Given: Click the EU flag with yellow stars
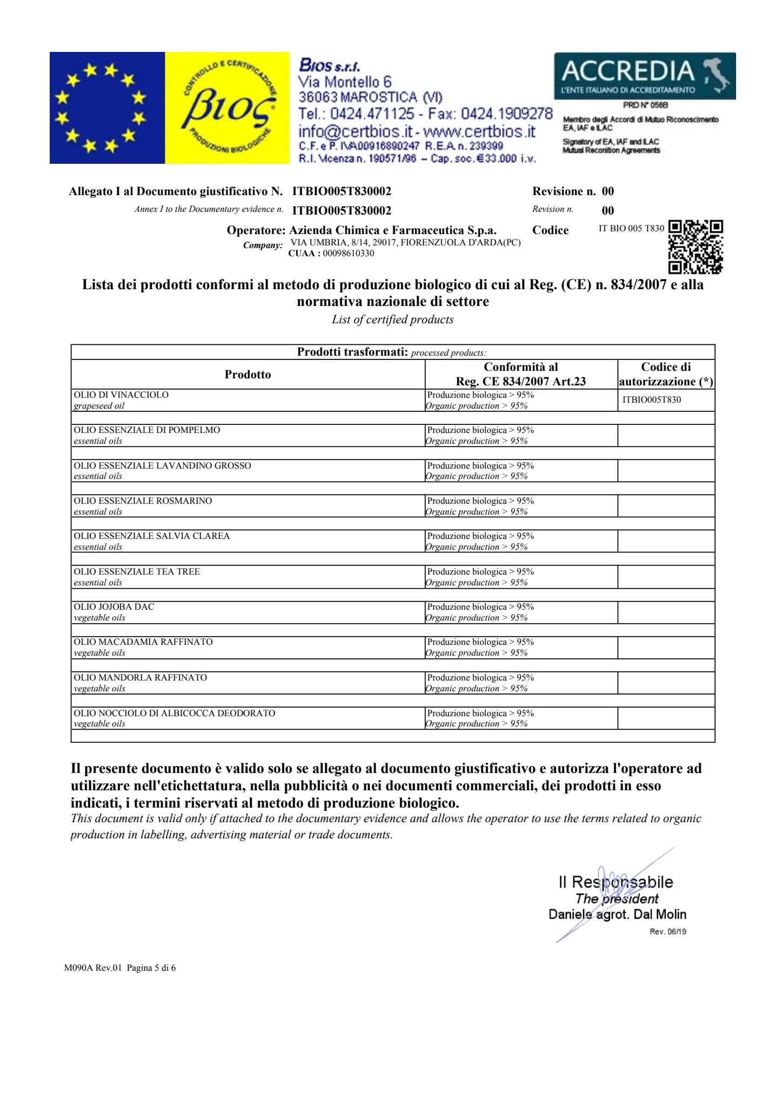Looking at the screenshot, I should [x=106, y=108].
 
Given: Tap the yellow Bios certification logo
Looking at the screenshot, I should [x=227, y=108].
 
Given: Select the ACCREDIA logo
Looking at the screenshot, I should [x=644, y=76].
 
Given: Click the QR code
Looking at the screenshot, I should [x=696, y=246].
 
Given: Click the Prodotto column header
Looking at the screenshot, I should [x=248, y=375].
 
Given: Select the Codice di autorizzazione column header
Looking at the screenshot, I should [x=666, y=375].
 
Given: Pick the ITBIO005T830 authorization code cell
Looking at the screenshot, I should [x=652, y=400].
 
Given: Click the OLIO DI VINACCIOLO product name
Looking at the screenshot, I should [x=121, y=395].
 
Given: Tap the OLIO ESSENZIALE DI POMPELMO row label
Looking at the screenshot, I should [x=147, y=430].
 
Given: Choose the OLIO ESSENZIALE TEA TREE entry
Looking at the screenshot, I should [x=137, y=572].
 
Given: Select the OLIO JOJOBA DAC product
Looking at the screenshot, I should [x=114, y=607].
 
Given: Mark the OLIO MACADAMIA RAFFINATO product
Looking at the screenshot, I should [x=143, y=642].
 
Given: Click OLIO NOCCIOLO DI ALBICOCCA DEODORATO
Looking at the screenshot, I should [x=175, y=713].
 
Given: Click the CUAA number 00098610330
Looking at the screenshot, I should [x=348, y=253].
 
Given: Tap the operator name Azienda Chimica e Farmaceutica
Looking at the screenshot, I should [x=393, y=230].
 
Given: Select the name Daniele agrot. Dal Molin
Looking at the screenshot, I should [x=617, y=915].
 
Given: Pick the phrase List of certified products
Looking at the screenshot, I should [x=392, y=319].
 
